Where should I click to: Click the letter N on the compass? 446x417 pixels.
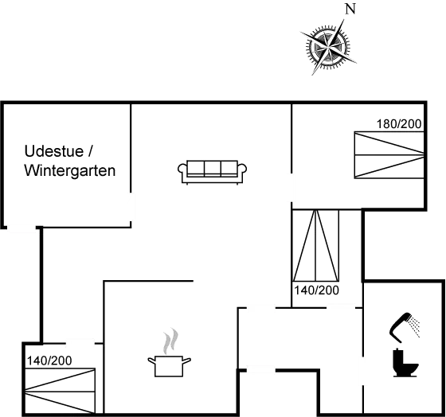(348, 10)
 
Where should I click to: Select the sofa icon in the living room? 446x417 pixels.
(213, 170)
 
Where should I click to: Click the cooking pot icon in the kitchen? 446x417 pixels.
(170, 365)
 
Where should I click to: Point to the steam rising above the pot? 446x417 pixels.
(168, 342)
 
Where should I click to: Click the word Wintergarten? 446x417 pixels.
(70, 171)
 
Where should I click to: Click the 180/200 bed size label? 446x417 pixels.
(399, 124)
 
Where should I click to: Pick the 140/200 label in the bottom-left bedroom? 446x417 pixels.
(49, 360)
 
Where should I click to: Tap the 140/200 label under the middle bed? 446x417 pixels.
(316, 289)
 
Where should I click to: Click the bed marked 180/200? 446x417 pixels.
(389, 154)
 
